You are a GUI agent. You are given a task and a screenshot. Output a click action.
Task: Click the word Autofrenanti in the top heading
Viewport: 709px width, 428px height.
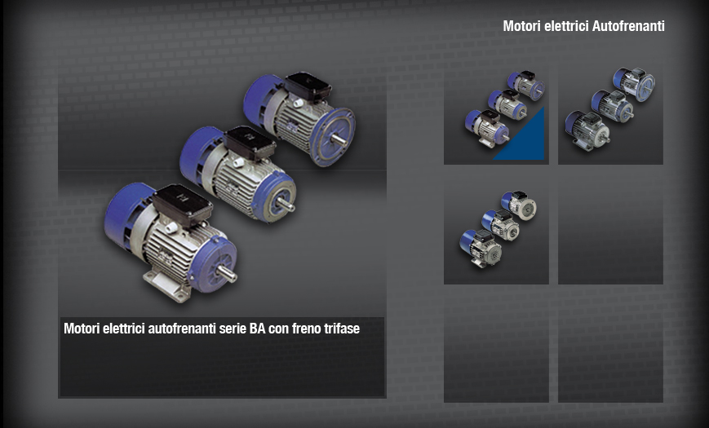pyautogui.click(x=628, y=26)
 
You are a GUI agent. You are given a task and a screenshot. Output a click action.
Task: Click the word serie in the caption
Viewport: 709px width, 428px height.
pyautogui.click(x=233, y=329)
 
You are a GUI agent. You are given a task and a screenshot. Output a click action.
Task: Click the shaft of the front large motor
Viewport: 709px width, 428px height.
pyautogui.click(x=226, y=273)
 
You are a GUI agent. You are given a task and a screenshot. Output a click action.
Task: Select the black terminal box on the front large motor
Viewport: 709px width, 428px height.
pyautogui.click(x=182, y=205)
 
